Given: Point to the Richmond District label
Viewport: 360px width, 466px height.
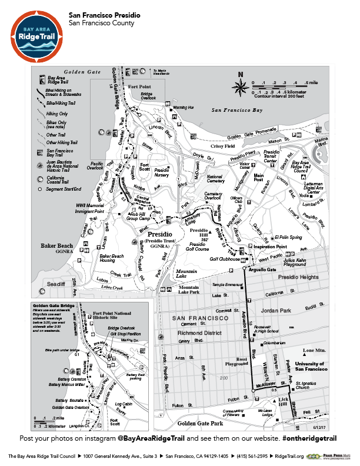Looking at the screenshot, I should pyautogui.click(x=199, y=332).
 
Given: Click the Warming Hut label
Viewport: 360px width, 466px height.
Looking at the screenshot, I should pyautogui.click(x=184, y=108).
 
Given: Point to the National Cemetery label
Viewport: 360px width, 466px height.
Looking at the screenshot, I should pyautogui.click(x=215, y=179).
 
